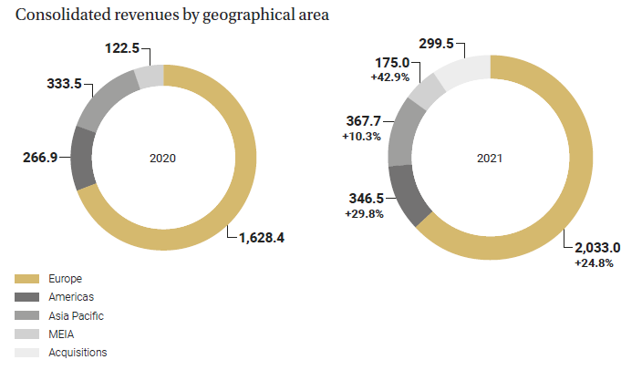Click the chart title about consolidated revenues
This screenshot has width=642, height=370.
pyautogui.click(x=172, y=15)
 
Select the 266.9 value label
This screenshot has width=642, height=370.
pyautogui.click(x=40, y=157)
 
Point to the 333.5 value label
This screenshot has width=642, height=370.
pyautogui.click(x=64, y=84)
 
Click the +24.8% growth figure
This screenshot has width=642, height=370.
pyautogui.click(x=594, y=263)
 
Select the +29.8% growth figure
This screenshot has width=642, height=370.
pyautogui.click(x=365, y=214)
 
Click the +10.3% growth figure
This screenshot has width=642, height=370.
pyautogui.click(x=363, y=135)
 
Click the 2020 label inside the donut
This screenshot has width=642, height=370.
pyautogui.click(x=162, y=158)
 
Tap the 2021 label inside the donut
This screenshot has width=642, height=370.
pyautogui.click(x=490, y=158)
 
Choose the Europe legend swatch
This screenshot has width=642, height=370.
pyautogui.click(x=27, y=278)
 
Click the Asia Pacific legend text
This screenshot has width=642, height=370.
pyautogui.click(x=78, y=315)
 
